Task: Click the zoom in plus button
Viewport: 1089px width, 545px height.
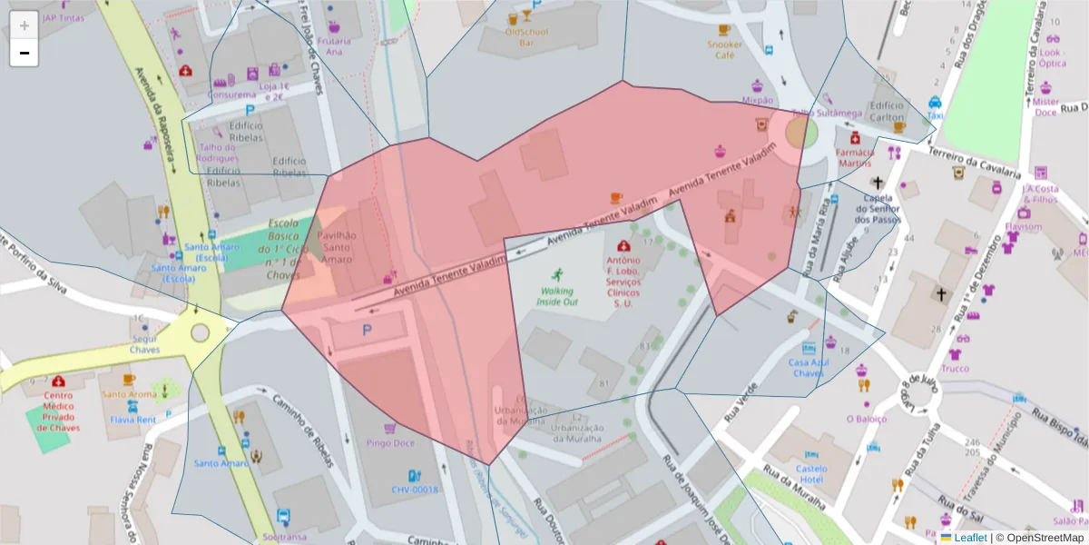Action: pos(24,25)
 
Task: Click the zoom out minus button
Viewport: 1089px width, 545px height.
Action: pos(24,53)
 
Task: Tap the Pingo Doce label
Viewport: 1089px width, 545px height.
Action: pos(389,443)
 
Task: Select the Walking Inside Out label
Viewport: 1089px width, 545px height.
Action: pos(556,295)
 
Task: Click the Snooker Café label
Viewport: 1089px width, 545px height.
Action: pos(724,49)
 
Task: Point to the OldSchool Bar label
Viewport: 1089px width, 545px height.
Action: pos(525,36)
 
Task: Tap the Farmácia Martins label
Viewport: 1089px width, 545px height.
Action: pos(854,157)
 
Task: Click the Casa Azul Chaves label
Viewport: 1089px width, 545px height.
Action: pos(808,367)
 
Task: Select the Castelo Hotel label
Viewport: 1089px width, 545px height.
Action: pos(798,473)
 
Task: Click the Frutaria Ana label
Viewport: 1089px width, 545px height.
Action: pos(333,45)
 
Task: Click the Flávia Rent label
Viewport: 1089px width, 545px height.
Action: pos(132,420)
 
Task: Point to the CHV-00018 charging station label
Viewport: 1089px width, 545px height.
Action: pos(415,490)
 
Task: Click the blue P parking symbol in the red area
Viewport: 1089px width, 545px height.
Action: pos(367,331)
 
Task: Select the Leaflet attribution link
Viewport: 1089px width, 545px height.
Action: pos(969,538)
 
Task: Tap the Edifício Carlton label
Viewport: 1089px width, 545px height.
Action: pos(887,111)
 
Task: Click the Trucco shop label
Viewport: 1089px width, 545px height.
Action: pos(955,369)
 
